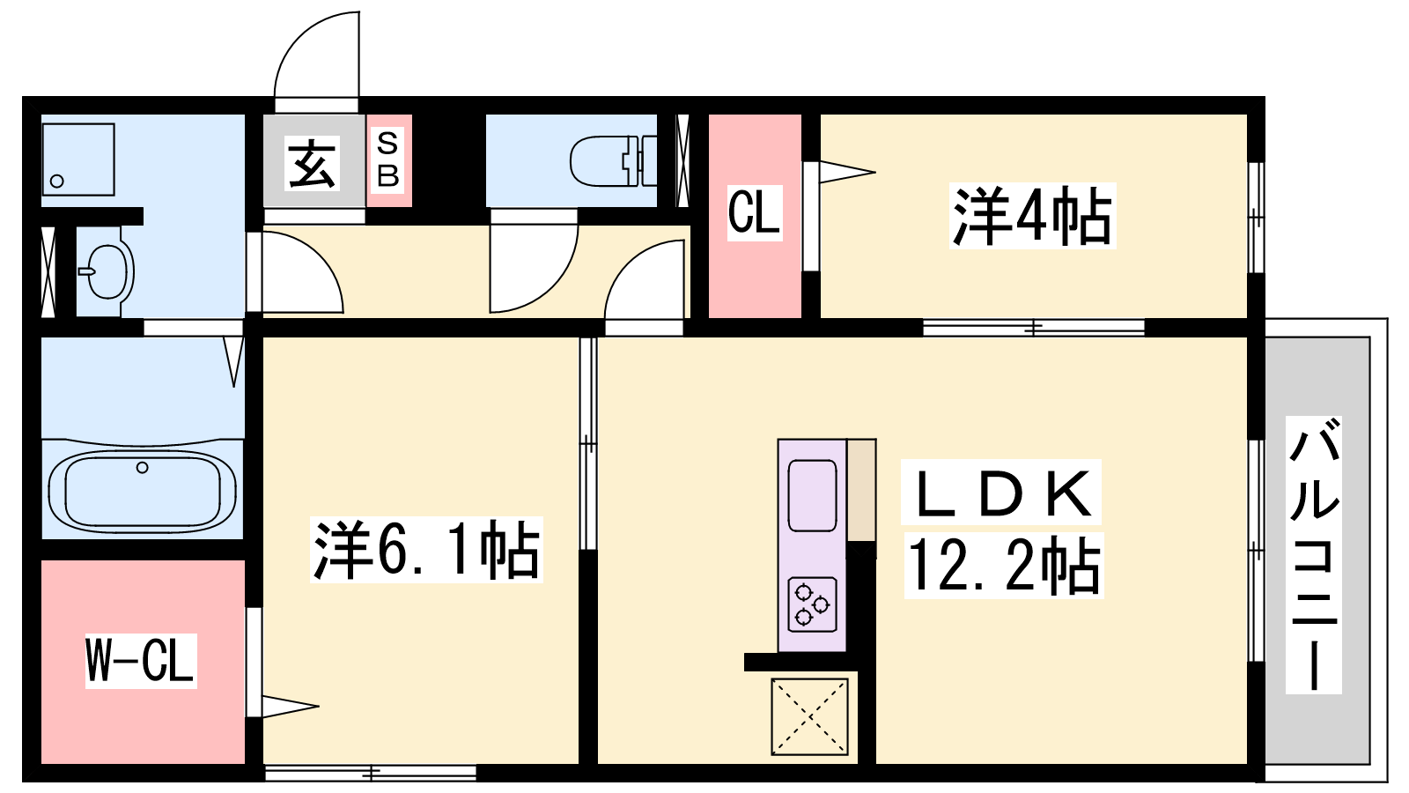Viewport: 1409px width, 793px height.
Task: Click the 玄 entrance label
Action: coord(313,163)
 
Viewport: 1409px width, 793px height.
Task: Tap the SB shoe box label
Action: coord(387,160)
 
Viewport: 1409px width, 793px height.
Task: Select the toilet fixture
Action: coord(613,161)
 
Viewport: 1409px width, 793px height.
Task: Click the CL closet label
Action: coord(754,213)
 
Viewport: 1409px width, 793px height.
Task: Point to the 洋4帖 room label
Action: coord(1032,216)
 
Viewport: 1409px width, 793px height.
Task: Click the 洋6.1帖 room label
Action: coord(426,550)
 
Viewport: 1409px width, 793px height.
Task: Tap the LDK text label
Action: coord(1000,493)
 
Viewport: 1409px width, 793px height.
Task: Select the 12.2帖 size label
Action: coord(1004,565)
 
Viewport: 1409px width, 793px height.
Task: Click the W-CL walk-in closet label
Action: coord(141,661)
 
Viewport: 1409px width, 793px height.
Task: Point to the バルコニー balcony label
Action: coord(1313,554)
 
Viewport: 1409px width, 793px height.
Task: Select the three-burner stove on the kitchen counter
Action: coord(812,604)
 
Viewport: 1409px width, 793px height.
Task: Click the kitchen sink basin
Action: coord(812,496)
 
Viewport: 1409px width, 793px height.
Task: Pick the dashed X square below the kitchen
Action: coord(809,716)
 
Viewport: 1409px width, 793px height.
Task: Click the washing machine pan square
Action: coord(78,159)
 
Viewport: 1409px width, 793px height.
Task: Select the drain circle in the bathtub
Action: coord(142,468)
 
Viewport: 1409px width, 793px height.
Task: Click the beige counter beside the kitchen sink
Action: coord(862,490)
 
